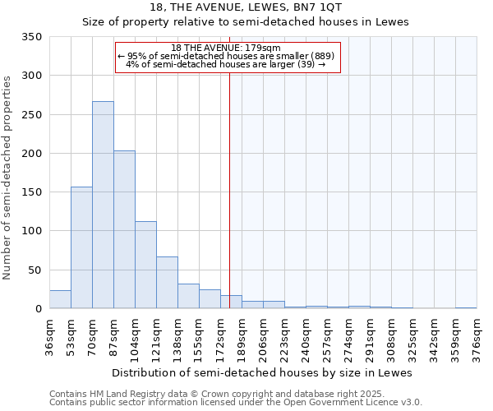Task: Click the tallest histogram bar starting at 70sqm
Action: tap(103, 205)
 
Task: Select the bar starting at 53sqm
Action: tap(81, 247)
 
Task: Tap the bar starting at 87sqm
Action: tap(124, 230)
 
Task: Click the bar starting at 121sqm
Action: tap(167, 283)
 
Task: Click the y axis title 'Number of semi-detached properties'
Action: tap(7, 177)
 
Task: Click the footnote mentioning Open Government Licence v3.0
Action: tap(235, 403)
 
